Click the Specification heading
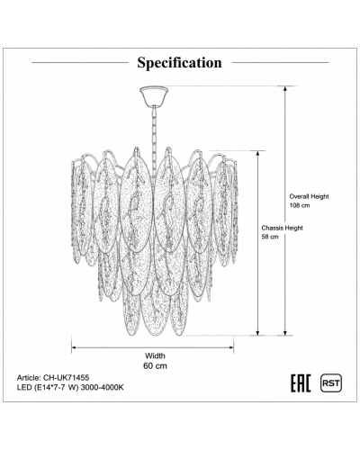pyautogui.click(x=179, y=63)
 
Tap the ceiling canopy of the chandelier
pyautogui.click(x=154, y=96)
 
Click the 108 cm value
pyautogui.click(x=300, y=206)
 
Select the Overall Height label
pyautogui.click(x=309, y=196)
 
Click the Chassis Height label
pyautogui.click(x=282, y=228)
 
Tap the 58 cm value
pyautogui.click(x=270, y=237)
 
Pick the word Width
pyautogui.click(x=155, y=355)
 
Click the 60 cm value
pyautogui.click(x=155, y=366)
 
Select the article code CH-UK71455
pyautogui.click(x=67, y=377)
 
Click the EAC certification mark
pyautogui.click(x=301, y=383)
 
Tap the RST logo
pyautogui.click(x=331, y=383)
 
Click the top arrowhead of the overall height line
pyautogui.click(x=285, y=89)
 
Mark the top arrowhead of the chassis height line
pyautogui.click(x=257, y=154)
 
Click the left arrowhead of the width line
pyautogui.click(x=75, y=347)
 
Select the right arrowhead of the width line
pyautogui.click(x=230, y=347)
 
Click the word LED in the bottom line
pyautogui.click(x=23, y=387)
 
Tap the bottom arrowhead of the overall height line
pyautogui.click(x=285, y=332)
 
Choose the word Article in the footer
pyautogui.click(x=29, y=377)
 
